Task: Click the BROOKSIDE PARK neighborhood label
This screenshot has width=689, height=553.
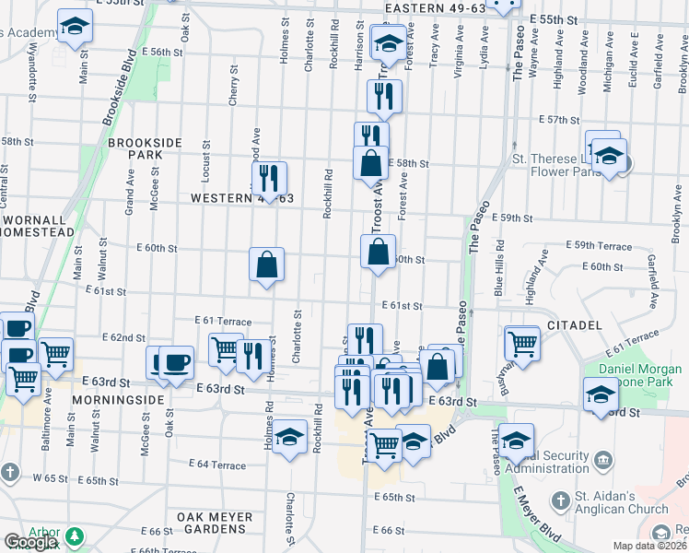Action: tap(134, 149)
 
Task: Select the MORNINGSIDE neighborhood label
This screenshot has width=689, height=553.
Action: tap(118, 401)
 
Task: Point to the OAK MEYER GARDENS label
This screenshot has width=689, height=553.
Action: tap(216, 524)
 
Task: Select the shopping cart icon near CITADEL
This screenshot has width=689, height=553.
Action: tap(522, 343)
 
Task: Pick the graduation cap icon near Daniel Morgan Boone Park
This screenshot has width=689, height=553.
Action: tap(600, 394)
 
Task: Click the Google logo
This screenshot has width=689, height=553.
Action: tap(30, 542)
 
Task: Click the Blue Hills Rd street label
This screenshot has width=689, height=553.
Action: tap(499, 267)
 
